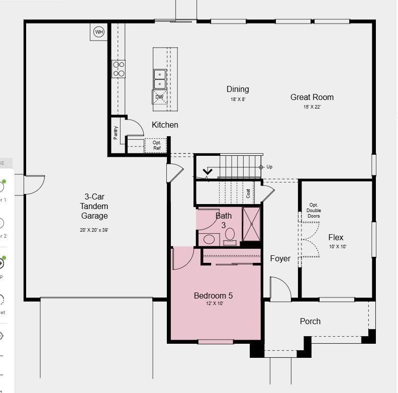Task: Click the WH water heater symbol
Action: (99, 32)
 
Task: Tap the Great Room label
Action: (312, 97)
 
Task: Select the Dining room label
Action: (238, 89)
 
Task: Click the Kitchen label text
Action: (165, 125)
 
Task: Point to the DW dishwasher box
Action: (159, 97)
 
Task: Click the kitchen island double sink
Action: (160, 79)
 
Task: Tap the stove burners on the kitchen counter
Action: (119, 69)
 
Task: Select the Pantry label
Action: (116, 133)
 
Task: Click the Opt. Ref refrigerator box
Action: (157, 145)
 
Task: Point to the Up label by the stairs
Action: (269, 167)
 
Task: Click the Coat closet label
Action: (248, 193)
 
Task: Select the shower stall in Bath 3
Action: (251, 224)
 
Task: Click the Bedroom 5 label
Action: (213, 296)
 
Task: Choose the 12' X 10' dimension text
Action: (213, 304)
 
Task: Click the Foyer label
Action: (280, 258)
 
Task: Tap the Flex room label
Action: (336, 237)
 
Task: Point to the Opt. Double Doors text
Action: (314, 210)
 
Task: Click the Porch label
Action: (310, 321)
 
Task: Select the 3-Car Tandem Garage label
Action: (94, 206)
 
